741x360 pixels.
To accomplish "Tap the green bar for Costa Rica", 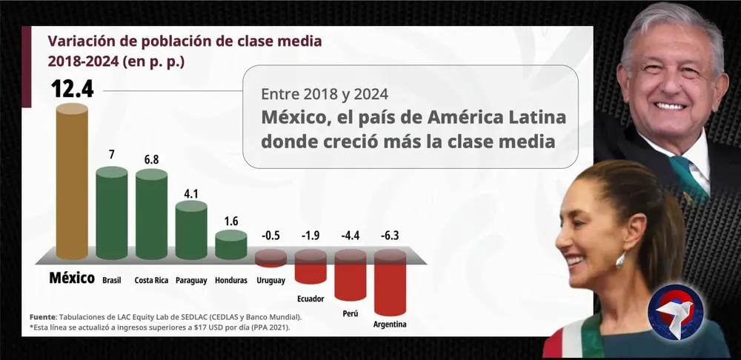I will coord(151,215).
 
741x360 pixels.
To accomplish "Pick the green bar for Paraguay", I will coord(191,230).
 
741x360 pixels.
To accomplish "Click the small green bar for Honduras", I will coord(231,246).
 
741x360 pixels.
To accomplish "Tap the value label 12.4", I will coord(72,89).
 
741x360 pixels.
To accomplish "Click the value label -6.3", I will coord(390,236).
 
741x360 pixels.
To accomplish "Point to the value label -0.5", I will coord(270,236).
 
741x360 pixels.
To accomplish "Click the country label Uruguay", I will coord(270,281).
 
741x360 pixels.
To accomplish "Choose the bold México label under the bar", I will coord(72,279).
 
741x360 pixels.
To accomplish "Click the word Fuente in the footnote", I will coord(44,317).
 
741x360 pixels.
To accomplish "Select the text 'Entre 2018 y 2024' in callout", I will coord(325,94).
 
